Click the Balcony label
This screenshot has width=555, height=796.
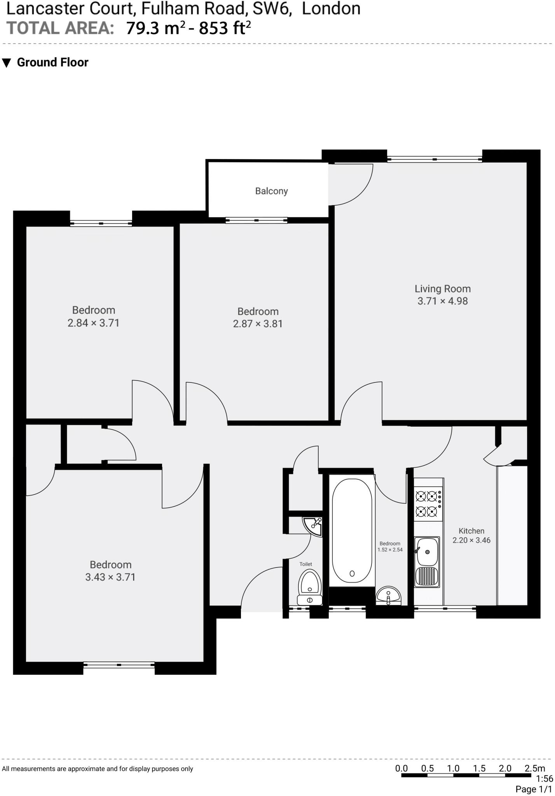click(271, 191)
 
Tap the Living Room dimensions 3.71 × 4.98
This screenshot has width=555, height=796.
click(442, 301)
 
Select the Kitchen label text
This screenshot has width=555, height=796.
click(471, 531)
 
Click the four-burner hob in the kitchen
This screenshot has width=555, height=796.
click(428, 504)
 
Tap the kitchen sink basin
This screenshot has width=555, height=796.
click(427, 552)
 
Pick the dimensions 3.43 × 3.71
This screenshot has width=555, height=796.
click(110, 577)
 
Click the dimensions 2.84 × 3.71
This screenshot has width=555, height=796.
click(93, 323)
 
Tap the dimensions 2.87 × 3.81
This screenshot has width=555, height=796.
click(258, 324)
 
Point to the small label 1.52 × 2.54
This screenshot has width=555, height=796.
click(390, 550)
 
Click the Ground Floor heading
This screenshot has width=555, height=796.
click(52, 62)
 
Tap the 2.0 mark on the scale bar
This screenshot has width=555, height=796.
click(505, 768)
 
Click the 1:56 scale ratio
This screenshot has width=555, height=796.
click(544, 779)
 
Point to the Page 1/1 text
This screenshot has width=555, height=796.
click(533, 789)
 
